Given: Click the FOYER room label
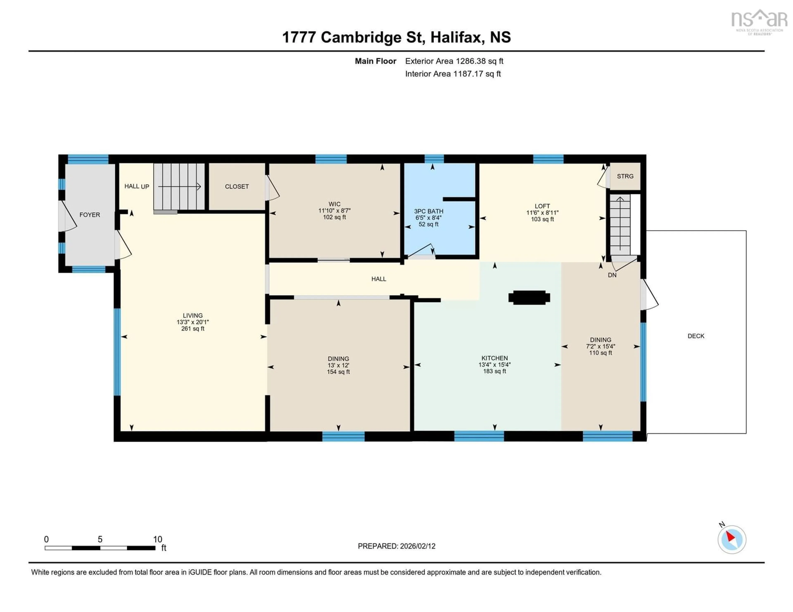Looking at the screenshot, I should (90, 215).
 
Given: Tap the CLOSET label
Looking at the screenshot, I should (237, 187).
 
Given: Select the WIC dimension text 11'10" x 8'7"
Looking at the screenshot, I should (334, 210).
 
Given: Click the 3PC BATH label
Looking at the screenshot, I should (429, 211).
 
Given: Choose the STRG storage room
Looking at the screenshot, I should (625, 176).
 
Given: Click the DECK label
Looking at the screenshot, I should (696, 336).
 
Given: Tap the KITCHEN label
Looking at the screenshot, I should (495, 358).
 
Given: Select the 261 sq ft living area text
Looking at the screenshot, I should (193, 329).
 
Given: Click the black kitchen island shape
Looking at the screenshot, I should (529, 298).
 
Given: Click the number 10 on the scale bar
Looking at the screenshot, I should (158, 539).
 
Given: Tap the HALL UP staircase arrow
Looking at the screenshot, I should (180, 187).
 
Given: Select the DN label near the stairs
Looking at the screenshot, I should (612, 275).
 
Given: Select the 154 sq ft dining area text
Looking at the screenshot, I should (338, 372).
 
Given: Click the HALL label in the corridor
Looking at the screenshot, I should (379, 279).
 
